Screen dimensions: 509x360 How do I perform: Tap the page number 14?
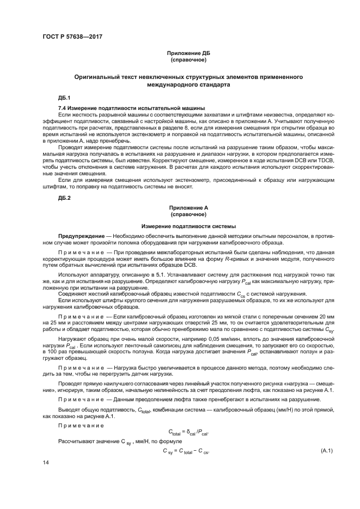click(x=45, y=462)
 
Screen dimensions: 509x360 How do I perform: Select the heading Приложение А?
click(x=188, y=208)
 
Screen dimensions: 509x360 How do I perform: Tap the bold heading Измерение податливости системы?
click(x=188, y=226)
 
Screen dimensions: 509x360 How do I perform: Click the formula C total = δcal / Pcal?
click(x=188, y=433)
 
